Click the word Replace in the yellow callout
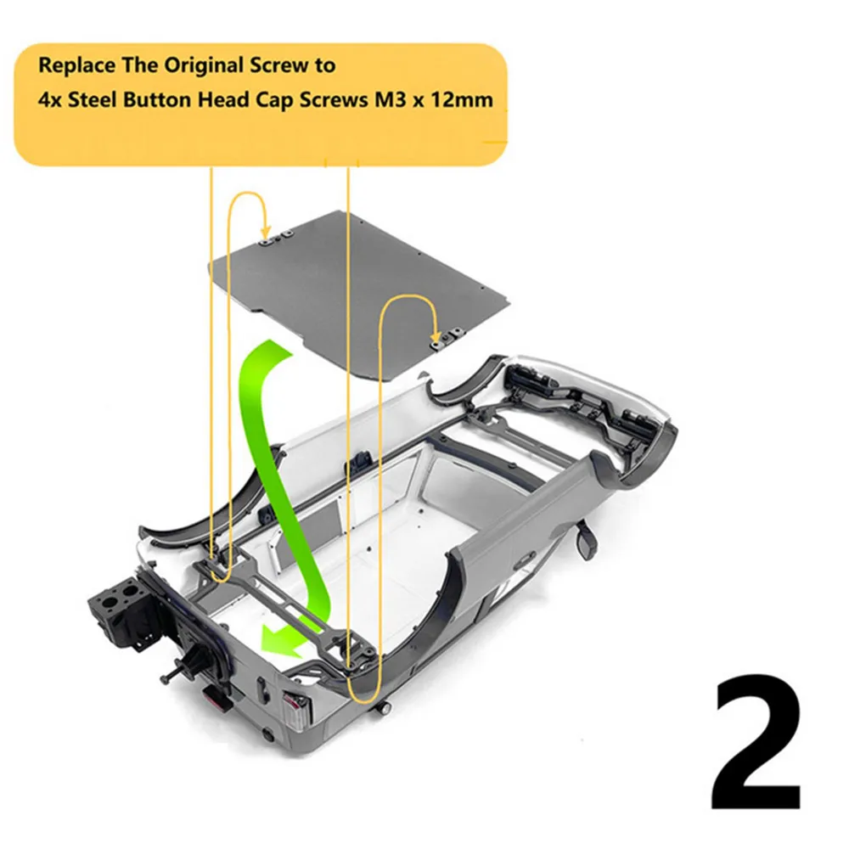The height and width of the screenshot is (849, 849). [x=77, y=66]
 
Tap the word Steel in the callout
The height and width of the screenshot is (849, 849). [x=92, y=100]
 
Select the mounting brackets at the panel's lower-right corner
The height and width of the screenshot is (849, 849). [x=447, y=339]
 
